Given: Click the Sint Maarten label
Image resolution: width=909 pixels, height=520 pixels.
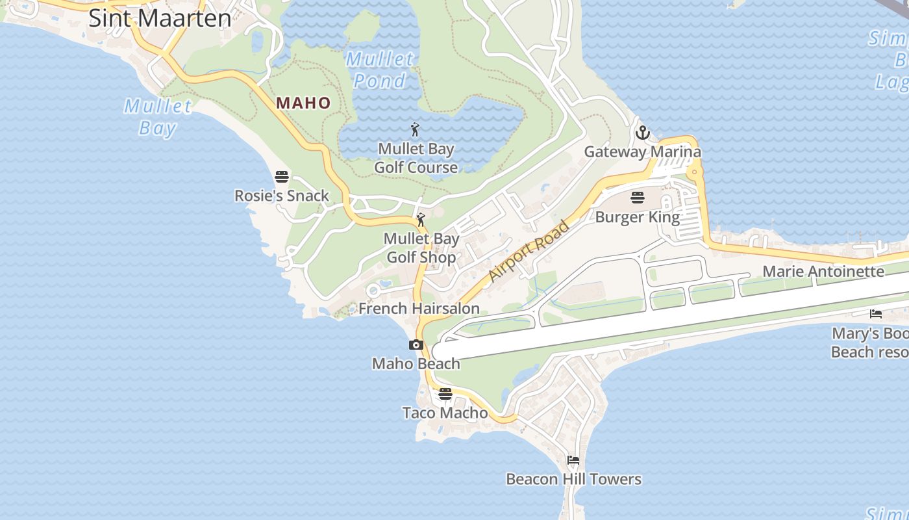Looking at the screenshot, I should [x=160, y=18].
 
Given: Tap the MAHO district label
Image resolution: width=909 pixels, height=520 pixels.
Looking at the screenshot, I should [x=303, y=103].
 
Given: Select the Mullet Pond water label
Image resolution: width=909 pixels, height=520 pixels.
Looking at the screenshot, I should [x=380, y=70].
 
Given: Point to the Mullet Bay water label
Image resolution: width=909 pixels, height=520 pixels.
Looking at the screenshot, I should [x=158, y=116].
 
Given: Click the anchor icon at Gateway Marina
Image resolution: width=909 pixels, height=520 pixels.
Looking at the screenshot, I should [x=642, y=133].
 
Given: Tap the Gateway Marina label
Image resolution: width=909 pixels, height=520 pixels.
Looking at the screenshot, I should [x=642, y=152].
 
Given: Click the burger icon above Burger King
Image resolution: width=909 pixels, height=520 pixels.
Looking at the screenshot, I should [x=638, y=198].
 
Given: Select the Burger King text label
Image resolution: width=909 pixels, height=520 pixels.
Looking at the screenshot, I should [x=638, y=217].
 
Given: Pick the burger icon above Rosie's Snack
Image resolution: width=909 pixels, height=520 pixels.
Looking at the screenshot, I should [x=282, y=176].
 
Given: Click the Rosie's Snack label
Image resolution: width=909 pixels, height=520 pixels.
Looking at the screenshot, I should [x=282, y=196].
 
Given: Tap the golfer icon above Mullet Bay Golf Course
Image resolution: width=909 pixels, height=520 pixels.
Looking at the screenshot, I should [x=416, y=129].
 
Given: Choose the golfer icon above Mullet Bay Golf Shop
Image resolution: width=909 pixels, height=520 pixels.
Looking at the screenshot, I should [x=421, y=219].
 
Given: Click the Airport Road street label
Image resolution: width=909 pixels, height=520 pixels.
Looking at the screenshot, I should [x=529, y=252].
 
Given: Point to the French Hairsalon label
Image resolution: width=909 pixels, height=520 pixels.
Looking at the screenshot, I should [x=419, y=308].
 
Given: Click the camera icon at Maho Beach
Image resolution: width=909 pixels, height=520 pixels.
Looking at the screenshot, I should [x=416, y=345].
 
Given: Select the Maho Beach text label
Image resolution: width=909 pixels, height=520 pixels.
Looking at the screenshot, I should [x=416, y=363].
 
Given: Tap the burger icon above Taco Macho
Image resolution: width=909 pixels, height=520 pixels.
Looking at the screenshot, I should [x=445, y=394].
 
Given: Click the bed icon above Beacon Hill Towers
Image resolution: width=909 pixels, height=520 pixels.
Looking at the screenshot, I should [x=573, y=460].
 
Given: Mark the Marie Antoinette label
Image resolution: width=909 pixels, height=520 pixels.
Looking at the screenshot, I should [x=823, y=271].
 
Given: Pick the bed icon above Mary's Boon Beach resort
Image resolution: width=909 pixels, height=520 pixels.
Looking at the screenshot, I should [x=876, y=314].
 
